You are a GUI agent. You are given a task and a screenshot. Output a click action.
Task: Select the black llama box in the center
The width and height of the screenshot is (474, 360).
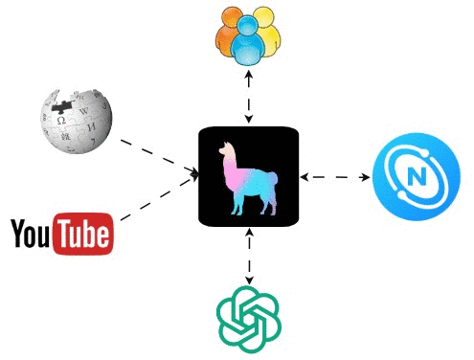pyautogui.click(x=249, y=176)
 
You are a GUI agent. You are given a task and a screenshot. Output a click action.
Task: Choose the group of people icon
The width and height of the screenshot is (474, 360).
pyautogui.click(x=248, y=37)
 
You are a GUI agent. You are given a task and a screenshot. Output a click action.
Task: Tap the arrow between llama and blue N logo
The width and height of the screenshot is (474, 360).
pyautogui.click(x=335, y=177)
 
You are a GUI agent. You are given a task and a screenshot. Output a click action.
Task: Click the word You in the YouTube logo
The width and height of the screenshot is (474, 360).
pyautogui.click(x=30, y=234)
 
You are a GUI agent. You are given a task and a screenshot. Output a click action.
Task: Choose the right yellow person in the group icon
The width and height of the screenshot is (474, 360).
pyautogui.click(x=270, y=34)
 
